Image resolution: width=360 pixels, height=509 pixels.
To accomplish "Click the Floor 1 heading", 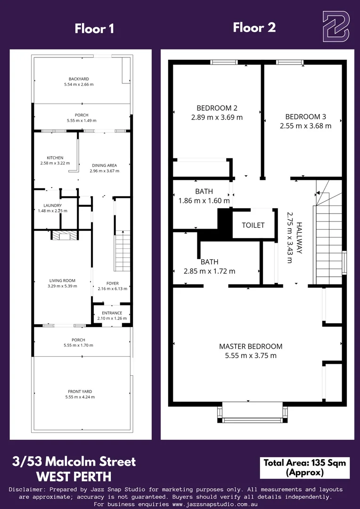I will click(x=94, y=29).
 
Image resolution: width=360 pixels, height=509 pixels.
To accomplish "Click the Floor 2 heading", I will click(x=254, y=28).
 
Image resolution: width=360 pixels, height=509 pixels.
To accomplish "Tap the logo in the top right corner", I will click(x=335, y=27).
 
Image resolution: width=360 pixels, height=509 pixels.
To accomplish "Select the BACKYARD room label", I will click(x=79, y=79).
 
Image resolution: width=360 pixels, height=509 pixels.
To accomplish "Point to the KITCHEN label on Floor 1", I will click(x=55, y=158).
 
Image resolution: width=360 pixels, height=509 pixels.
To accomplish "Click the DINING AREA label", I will click(x=104, y=165).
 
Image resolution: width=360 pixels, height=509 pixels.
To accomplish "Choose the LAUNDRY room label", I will click(x=52, y=205).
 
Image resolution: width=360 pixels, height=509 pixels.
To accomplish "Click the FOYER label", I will click(x=112, y=284).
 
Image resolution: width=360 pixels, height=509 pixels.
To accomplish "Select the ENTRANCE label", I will click(x=112, y=313).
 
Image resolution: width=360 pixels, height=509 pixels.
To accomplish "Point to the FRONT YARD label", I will click(x=80, y=392).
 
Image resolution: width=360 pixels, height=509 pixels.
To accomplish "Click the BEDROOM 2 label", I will click(x=217, y=107).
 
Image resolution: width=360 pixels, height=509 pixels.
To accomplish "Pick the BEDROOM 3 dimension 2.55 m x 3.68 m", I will click(x=305, y=126).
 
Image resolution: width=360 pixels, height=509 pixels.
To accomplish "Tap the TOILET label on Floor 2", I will click(x=253, y=225).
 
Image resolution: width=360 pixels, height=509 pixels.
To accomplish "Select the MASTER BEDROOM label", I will click(x=251, y=346).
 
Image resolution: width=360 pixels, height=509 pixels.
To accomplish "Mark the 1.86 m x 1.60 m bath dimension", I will click(x=204, y=201).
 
